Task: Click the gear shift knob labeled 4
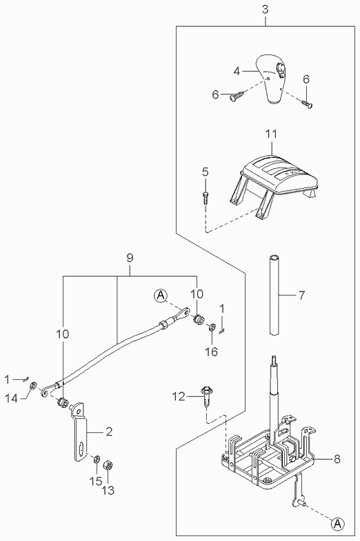(271, 79)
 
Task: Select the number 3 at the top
(265, 10)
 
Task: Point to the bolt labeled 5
(205, 198)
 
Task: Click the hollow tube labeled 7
(274, 294)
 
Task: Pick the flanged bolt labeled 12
(206, 396)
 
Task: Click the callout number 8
(337, 459)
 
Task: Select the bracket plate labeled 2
(81, 431)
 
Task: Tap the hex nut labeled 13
(108, 465)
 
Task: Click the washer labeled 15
(97, 459)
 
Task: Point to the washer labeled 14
(34, 385)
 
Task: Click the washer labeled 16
(212, 327)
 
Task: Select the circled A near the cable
(160, 296)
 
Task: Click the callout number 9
(130, 258)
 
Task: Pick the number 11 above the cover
(271, 134)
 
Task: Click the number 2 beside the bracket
(109, 431)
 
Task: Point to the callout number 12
(179, 397)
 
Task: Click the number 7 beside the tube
(301, 296)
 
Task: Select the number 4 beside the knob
(237, 71)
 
